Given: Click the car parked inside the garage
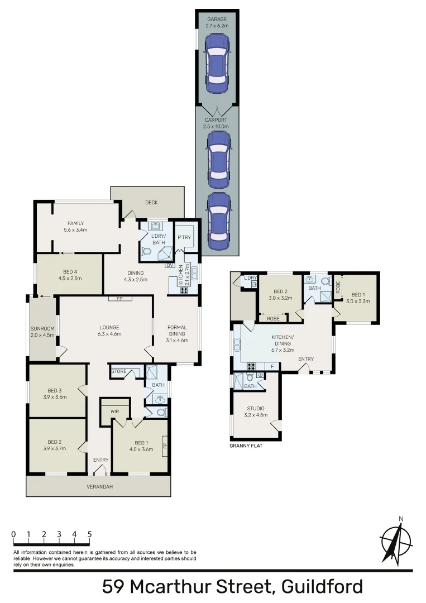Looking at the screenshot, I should pyautogui.click(x=217, y=63).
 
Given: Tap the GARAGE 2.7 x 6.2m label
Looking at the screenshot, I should pyautogui.click(x=217, y=22).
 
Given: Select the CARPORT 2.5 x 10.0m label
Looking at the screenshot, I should pyautogui.click(x=216, y=123).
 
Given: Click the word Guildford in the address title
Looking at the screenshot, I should pyautogui.click(x=323, y=587).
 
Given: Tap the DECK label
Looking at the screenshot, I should pyautogui.click(x=151, y=203).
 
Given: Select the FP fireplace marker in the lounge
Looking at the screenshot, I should pyautogui.click(x=119, y=299).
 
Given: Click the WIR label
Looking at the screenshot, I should pyautogui.click(x=115, y=411).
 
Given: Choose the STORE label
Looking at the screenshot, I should pyautogui.click(x=119, y=370).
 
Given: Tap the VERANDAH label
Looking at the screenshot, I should pyautogui.click(x=100, y=486).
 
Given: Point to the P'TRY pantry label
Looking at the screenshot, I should pyautogui.click(x=184, y=237).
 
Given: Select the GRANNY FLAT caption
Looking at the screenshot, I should pyautogui.click(x=246, y=446).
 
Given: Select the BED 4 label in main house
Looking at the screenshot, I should pyautogui.click(x=70, y=274).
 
